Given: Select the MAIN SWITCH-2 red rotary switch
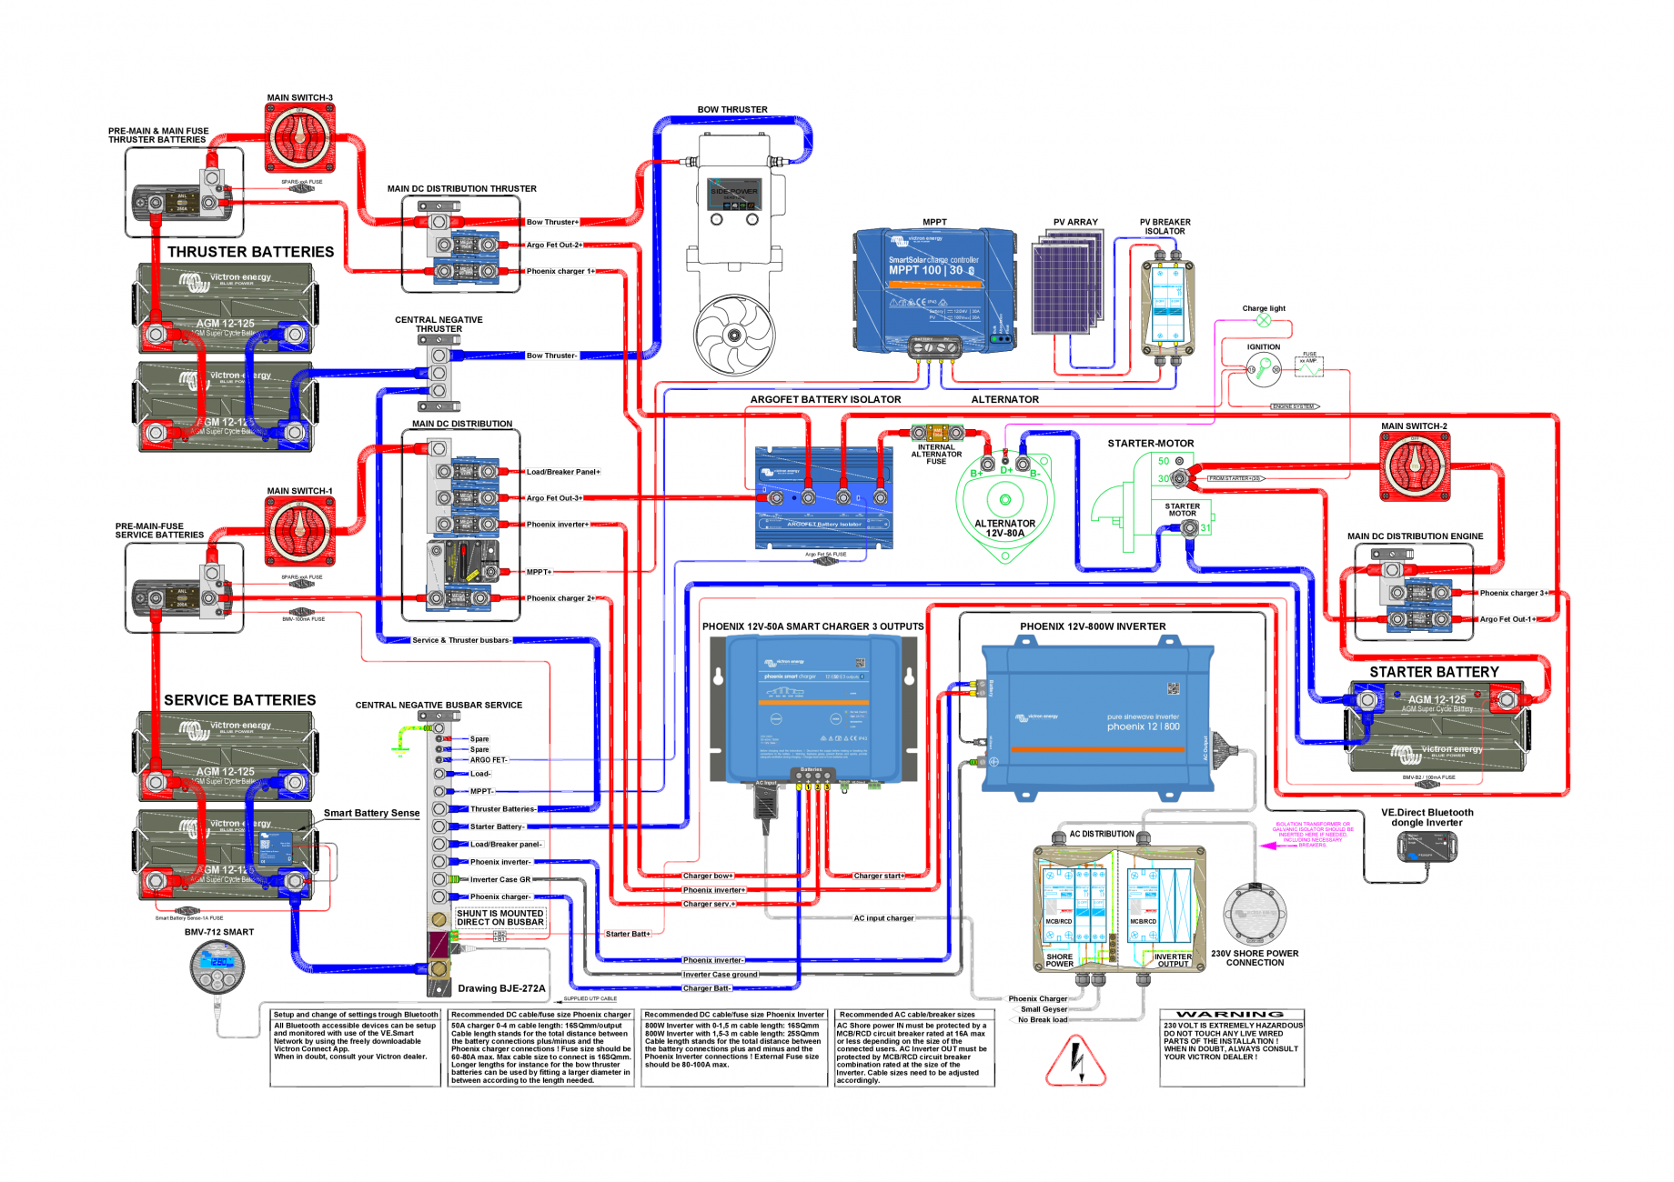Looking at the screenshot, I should click(1415, 466).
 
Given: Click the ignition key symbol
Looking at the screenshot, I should click(1264, 368).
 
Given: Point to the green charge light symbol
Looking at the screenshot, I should click(1264, 320).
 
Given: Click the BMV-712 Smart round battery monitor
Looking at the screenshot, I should click(217, 967).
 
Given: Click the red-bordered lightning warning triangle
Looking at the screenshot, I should click(1075, 1060).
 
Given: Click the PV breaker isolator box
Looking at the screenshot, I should click(1166, 305).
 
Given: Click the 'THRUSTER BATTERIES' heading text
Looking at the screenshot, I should click(250, 252).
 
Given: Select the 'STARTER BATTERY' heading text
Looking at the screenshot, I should click(1434, 672).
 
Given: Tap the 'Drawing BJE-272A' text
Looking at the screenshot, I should click(501, 988).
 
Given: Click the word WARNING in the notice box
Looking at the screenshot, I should click(1230, 1014).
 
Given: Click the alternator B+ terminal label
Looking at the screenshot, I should click(976, 473).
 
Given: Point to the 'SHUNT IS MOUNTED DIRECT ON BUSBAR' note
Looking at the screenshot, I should click(499, 917).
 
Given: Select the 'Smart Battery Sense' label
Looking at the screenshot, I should click(371, 813).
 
